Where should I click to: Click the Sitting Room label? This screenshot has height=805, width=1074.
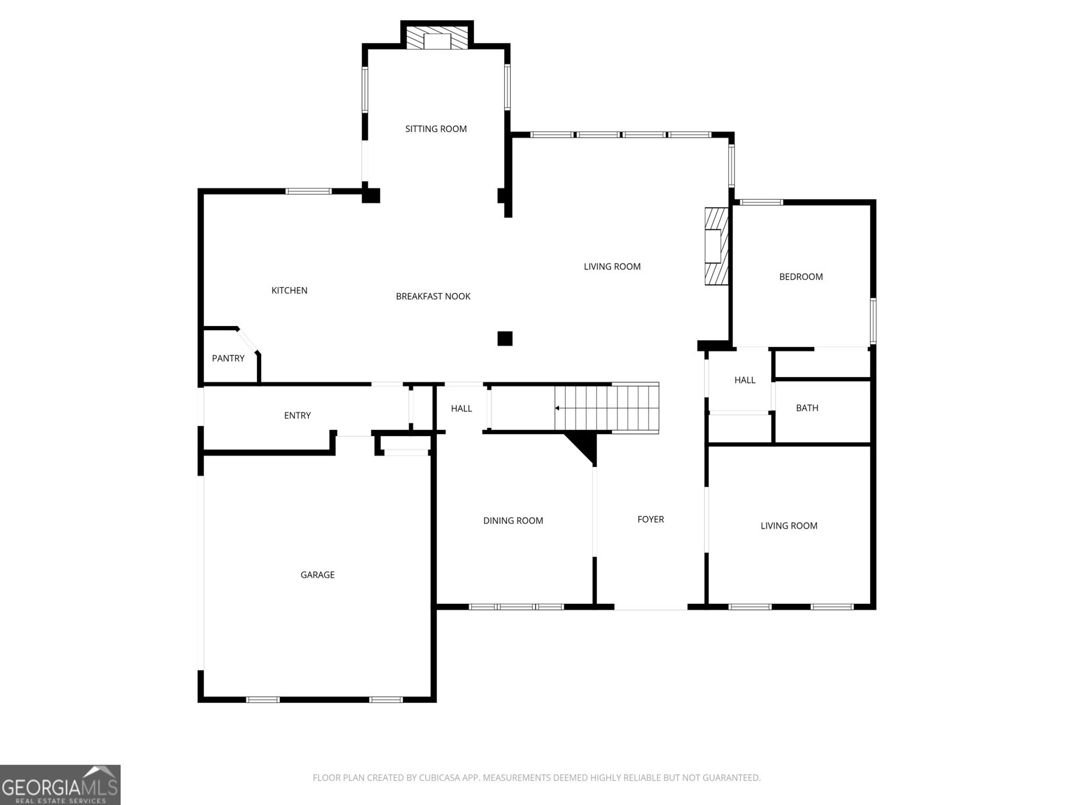[436, 129]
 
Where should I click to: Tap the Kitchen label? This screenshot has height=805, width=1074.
[289, 290]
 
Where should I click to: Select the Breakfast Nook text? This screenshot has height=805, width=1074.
[433, 297]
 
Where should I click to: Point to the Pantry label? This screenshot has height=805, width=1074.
[228, 358]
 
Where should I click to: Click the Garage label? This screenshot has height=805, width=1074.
[318, 575]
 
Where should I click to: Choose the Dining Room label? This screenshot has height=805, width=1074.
[513, 521]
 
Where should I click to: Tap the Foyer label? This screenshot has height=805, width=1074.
[650, 519]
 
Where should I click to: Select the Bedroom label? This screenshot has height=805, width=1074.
[801, 276]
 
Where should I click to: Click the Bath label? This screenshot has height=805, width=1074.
[807, 408]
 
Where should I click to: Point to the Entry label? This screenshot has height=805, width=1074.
[297, 415]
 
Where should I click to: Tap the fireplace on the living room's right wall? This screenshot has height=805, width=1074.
[716, 246]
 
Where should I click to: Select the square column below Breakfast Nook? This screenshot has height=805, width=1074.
[505, 338]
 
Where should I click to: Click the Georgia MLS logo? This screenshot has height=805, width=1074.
[60, 784]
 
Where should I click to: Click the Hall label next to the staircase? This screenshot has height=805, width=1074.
[461, 409]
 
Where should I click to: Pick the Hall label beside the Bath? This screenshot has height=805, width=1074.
[744, 380]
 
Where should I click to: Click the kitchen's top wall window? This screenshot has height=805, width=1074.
[309, 191]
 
